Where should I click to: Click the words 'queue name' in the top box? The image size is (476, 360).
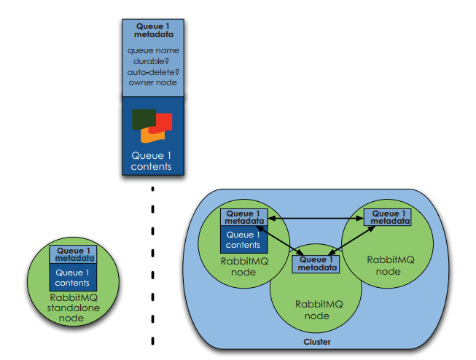click(x=152, y=51)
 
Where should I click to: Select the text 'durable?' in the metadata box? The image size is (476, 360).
click(x=152, y=61)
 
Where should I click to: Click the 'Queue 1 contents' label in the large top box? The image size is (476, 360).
click(x=152, y=160)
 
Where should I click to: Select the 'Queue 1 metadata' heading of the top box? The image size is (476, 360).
click(x=152, y=29)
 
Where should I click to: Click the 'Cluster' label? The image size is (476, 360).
click(x=318, y=342)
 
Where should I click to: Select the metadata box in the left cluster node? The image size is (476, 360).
click(x=244, y=216)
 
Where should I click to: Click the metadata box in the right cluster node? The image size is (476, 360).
click(x=386, y=216)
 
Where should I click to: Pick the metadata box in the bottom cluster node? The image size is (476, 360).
click(x=316, y=263)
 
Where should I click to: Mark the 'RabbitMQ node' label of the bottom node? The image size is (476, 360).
click(x=316, y=310)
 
